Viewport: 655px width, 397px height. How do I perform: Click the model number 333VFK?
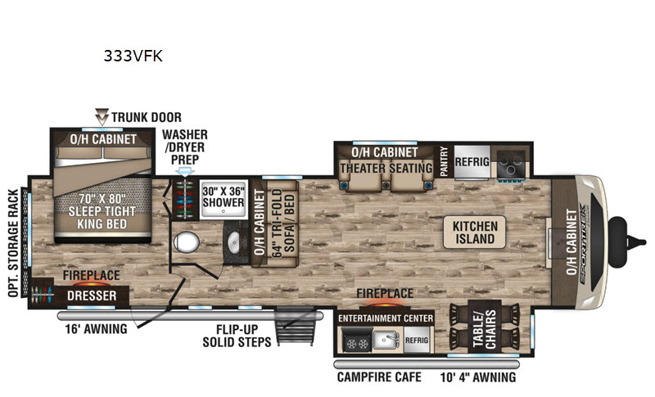[133, 56]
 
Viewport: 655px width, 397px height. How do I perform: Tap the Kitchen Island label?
[475, 232]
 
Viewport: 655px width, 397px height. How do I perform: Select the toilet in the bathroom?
[187, 242]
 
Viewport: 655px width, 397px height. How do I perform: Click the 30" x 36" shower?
[224, 199]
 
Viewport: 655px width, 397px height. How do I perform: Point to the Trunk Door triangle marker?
[102, 117]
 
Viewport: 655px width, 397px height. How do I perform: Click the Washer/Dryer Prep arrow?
[185, 172]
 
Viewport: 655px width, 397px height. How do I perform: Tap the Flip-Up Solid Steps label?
[237, 336]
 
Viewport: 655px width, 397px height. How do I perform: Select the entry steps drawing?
[295, 326]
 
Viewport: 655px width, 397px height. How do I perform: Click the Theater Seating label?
[386, 169]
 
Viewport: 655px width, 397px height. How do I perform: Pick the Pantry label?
[444, 161]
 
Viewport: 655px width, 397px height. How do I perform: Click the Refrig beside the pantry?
[472, 162]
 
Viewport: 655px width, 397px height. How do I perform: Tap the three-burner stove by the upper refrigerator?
[510, 165]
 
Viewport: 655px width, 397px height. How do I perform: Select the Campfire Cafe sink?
[386, 340]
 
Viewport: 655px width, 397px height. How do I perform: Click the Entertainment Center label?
[386, 318]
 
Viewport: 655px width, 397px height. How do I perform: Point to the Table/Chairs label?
[485, 328]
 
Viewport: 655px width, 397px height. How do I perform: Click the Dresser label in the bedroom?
[92, 296]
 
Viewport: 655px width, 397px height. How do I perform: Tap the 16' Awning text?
[96, 329]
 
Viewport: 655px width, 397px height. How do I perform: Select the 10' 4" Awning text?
[478, 377]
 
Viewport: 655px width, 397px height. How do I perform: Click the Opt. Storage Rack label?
[14, 243]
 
